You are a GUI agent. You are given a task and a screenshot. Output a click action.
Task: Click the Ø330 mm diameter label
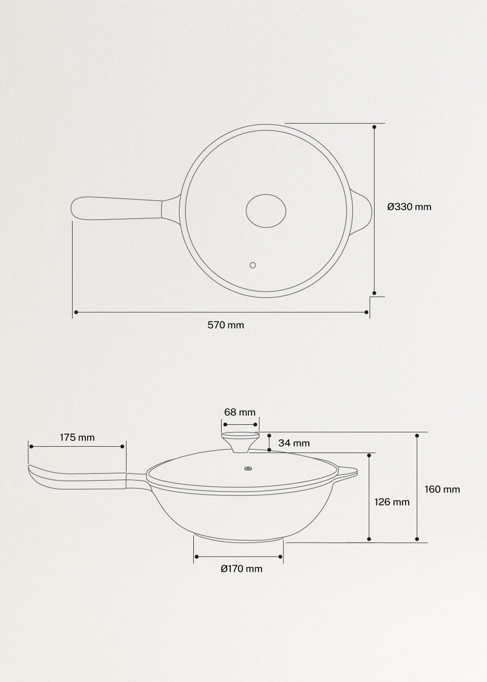409,207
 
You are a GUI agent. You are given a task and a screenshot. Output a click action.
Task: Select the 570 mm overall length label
225,325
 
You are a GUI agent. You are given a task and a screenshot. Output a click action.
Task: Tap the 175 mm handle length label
77,437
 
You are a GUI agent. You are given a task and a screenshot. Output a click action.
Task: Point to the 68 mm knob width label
240,412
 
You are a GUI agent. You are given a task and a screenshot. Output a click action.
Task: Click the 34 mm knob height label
294,443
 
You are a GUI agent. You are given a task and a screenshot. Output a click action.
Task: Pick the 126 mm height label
392,502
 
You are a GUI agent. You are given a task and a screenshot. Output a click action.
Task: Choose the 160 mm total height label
442,489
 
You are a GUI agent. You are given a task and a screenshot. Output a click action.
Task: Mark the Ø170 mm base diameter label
241,568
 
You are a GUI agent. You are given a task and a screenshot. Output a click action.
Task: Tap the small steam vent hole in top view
252,265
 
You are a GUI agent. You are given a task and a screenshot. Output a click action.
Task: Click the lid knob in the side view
240,441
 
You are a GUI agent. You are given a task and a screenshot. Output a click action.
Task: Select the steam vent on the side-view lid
249,469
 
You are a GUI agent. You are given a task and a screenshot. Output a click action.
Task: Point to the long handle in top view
122,209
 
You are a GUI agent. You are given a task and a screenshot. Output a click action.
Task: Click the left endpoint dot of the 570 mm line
75,312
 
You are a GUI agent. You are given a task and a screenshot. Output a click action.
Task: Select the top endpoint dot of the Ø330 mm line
374,127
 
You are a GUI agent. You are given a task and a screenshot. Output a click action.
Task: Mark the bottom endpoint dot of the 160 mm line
417,539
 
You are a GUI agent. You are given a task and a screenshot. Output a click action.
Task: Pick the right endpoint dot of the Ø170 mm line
281,556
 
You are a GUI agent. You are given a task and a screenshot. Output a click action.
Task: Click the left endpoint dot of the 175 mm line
31,446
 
